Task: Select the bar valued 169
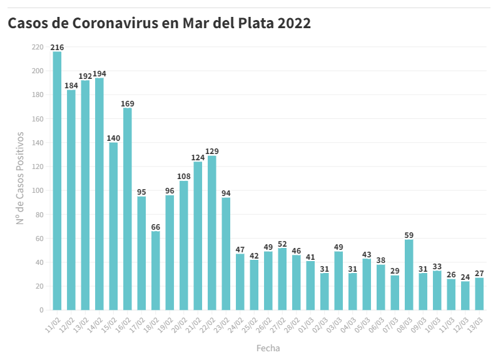(128, 208)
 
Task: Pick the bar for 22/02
(212, 232)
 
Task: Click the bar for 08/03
(409, 274)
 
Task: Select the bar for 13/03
(479, 294)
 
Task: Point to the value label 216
(57, 48)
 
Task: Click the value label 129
(212, 152)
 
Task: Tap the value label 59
(409, 235)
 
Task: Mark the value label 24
(465, 277)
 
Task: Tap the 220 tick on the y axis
(38, 47)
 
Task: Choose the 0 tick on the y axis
(41, 310)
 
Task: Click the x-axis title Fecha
(268, 347)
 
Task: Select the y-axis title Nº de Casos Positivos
(20, 178)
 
